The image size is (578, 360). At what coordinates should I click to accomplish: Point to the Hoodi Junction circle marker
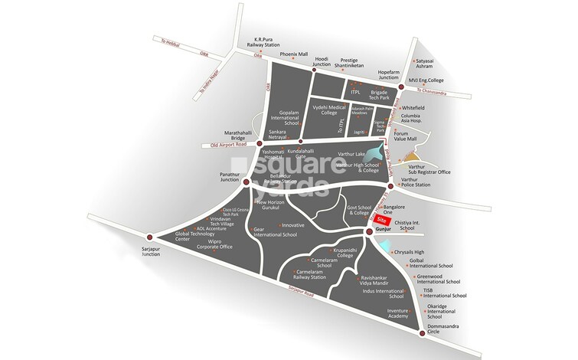tap(302, 69)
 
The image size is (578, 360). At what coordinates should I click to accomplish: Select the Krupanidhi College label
tap(341, 254)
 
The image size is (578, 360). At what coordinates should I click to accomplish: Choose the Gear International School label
tap(275, 231)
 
